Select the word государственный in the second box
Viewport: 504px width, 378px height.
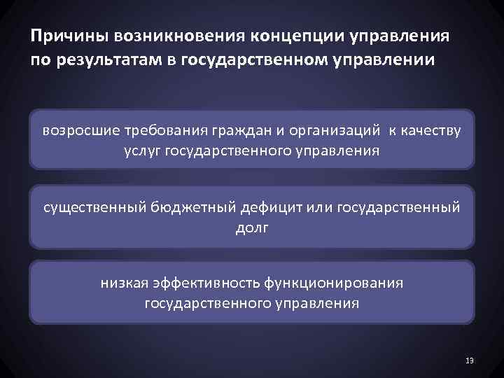398,207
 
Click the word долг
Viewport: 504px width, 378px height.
251,227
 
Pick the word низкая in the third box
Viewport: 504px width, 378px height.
122,283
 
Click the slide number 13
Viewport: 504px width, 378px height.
470,360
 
